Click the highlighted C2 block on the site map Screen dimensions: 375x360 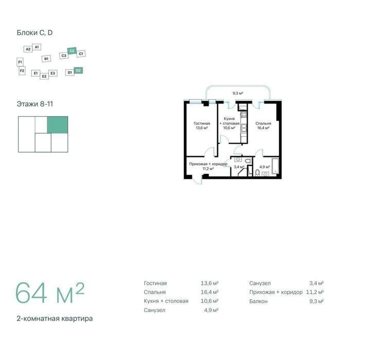72,51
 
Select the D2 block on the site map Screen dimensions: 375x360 78,71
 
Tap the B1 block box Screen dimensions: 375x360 46,59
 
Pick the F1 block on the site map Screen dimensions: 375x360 20,62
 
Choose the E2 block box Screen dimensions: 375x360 44,76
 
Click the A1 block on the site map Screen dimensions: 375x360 37,47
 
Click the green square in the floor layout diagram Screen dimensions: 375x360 58,125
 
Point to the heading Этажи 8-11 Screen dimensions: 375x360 34,104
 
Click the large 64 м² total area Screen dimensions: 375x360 50,293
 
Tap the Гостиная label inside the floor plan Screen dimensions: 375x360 202,124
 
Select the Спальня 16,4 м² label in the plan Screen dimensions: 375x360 263,126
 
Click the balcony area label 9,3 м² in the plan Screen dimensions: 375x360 238,93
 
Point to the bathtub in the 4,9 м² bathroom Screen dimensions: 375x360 275,165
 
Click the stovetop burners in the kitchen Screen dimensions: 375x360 243,114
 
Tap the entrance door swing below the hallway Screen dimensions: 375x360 197,180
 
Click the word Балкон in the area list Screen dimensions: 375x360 258,301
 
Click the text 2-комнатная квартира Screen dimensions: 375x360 55,319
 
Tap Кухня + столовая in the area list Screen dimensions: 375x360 166,301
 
